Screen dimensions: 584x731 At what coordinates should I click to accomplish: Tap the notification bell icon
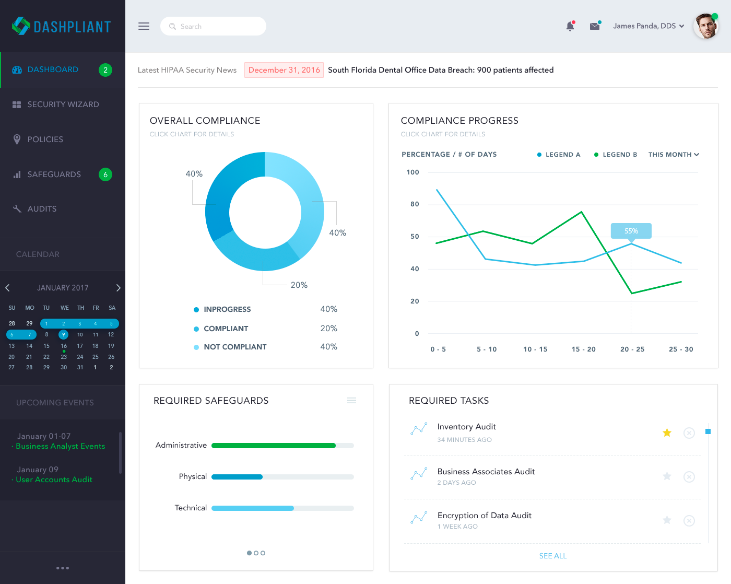click(570, 26)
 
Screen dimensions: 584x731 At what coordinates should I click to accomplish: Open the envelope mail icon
click(595, 26)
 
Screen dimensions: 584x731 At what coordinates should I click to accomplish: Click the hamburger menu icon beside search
click(144, 26)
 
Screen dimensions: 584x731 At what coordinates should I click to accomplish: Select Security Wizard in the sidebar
click(63, 104)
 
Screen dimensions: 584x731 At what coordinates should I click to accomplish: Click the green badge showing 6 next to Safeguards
click(105, 174)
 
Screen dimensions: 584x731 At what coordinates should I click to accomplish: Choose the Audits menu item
click(42, 209)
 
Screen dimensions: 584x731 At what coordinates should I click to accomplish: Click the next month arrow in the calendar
click(119, 288)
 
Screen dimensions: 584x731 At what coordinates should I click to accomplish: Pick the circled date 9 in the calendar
click(63, 335)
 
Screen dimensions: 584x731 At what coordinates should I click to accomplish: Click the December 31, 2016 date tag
click(284, 70)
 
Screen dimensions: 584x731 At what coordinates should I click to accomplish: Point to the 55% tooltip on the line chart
click(631, 231)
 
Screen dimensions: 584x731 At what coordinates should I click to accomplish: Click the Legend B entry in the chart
click(616, 155)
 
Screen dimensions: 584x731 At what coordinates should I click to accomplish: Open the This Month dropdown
click(674, 155)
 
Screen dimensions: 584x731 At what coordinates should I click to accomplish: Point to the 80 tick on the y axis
click(415, 204)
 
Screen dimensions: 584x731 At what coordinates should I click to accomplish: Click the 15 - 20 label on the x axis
click(583, 349)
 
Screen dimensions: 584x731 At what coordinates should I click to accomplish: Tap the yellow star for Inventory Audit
click(667, 433)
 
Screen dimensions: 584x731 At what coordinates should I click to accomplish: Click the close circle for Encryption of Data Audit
click(689, 520)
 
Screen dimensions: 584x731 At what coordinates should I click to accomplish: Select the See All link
click(553, 556)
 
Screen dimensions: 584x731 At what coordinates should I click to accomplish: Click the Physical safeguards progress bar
click(282, 477)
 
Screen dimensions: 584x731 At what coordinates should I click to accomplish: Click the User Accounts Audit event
click(54, 480)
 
